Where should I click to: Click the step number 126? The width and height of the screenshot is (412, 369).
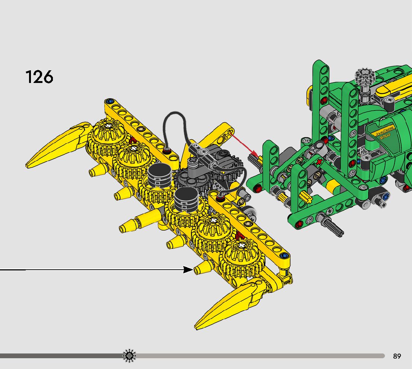click(x=39, y=77)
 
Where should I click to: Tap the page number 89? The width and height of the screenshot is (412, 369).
click(x=397, y=356)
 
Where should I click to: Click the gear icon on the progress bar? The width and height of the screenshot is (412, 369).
click(x=129, y=356)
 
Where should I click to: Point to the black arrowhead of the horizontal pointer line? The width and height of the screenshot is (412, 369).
click(x=188, y=270)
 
